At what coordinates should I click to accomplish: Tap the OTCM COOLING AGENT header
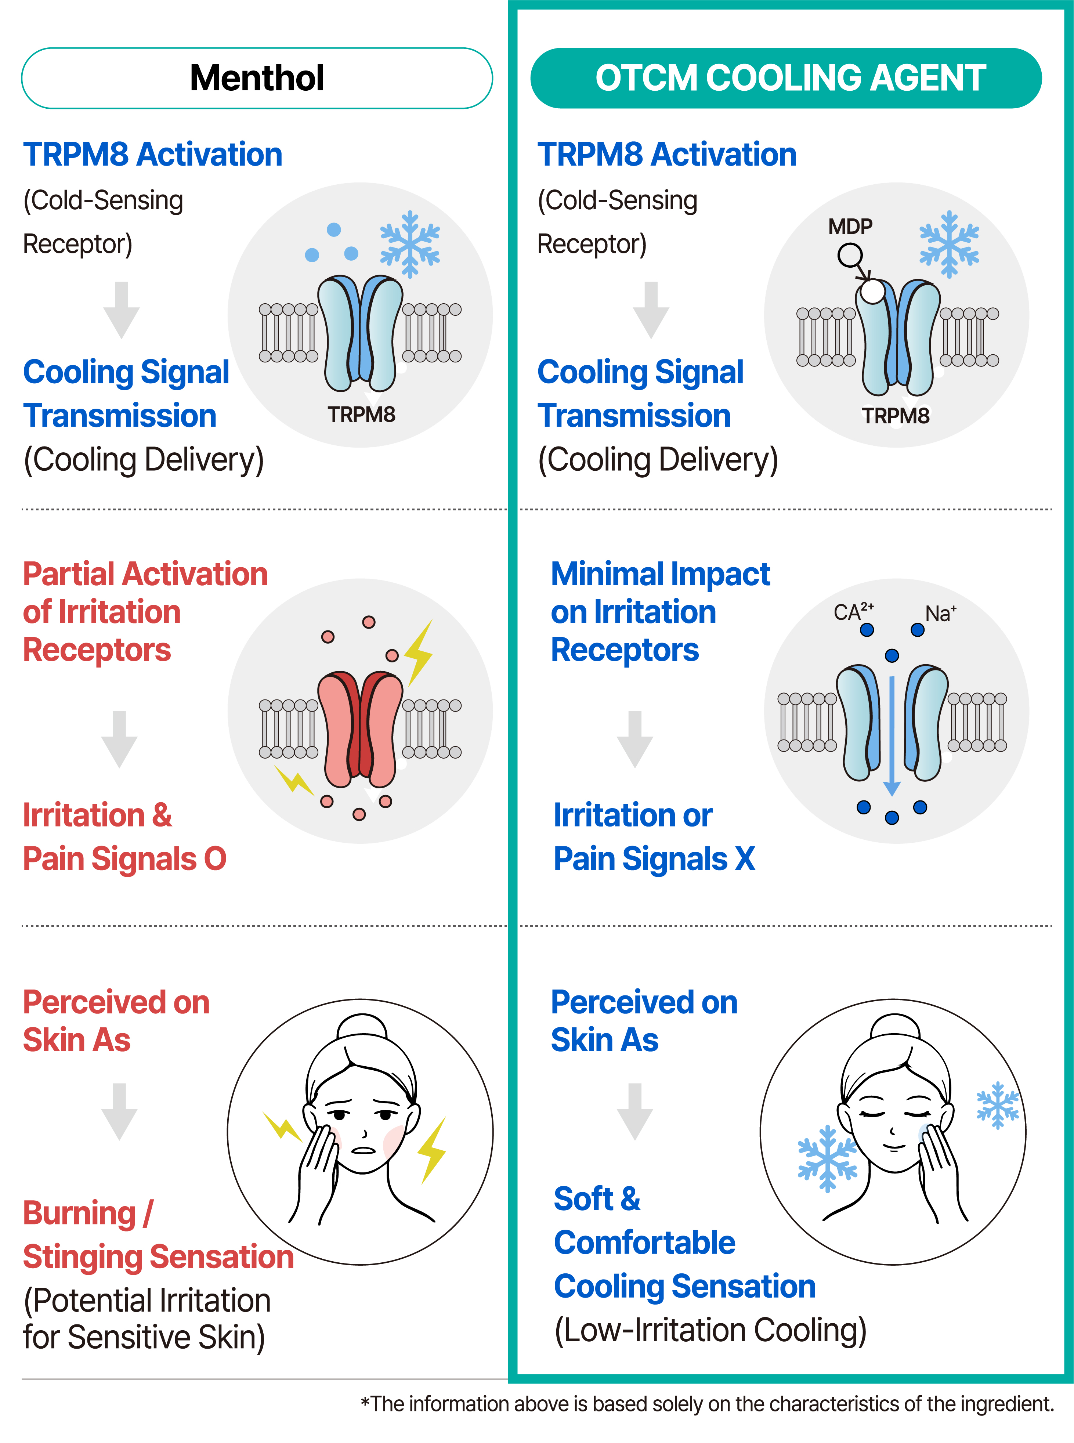click(786, 78)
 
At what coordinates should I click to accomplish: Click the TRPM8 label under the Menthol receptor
click(361, 414)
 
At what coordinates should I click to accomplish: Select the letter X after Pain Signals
click(745, 859)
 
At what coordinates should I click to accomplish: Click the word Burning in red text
click(79, 1213)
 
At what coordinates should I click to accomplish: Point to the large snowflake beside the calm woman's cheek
click(827, 1158)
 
